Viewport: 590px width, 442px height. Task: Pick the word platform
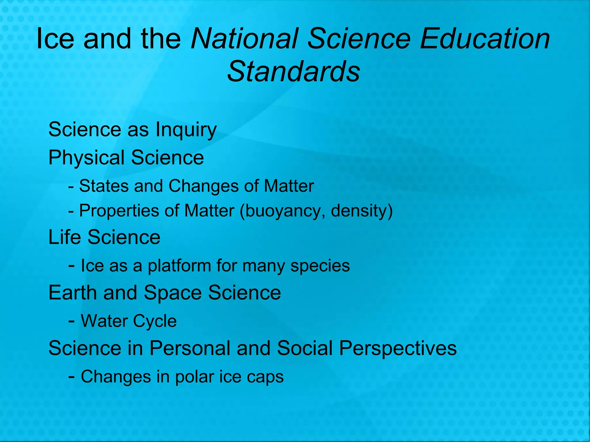click(179, 266)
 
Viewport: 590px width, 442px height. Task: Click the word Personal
click(190, 348)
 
